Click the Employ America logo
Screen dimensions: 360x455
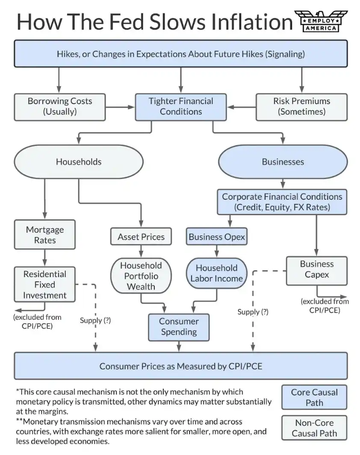(x=321, y=21)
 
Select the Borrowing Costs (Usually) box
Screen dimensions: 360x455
(x=60, y=107)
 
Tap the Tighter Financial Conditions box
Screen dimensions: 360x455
(x=181, y=107)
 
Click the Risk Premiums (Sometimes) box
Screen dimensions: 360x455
(x=302, y=107)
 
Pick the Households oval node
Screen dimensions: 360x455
(x=79, y=162)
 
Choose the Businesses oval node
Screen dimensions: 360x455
(x=283, y=162)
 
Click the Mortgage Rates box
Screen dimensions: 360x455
(x=44, y=234)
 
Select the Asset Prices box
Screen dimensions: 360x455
(x=141, y=236)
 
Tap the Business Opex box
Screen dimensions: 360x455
(x=217, y=236)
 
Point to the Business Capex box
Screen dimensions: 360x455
(x=317, y=271)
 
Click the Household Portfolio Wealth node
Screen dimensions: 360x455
(x=141, y=276)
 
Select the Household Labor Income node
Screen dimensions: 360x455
(x=217, y=273)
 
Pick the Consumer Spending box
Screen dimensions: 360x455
(x=179, y=327)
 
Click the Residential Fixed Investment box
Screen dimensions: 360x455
(x=44, y=284)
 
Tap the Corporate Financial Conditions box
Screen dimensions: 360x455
(x=282, y=202)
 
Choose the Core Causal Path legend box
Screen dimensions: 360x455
(x=314, y=397)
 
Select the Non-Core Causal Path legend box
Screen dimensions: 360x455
(x=314, y=428)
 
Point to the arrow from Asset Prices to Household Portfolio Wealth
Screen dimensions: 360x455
(x=141, y=251)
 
